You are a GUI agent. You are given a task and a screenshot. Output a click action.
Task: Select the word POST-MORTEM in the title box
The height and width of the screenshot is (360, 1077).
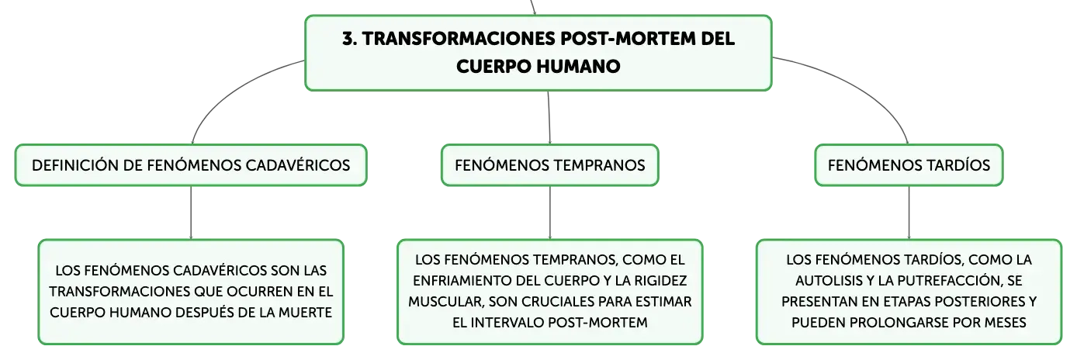pos(628,39)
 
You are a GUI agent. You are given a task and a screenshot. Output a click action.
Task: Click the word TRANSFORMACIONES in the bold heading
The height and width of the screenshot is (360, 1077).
pos(459,39)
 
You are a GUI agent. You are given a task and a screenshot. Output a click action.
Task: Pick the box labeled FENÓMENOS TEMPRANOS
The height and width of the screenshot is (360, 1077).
pos(549,164)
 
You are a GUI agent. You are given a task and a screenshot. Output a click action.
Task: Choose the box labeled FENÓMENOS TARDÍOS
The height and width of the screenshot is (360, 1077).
pos(909,164)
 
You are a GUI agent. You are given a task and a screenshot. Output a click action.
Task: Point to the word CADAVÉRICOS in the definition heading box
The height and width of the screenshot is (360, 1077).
pos(298,165)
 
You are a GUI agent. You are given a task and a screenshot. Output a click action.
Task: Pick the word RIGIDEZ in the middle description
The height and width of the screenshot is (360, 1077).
pos(660,281)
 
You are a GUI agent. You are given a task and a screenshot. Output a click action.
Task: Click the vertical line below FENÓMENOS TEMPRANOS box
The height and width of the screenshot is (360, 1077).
pos(549,213)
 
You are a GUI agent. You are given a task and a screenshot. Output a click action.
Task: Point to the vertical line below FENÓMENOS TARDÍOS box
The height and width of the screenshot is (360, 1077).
pos(909,213)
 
